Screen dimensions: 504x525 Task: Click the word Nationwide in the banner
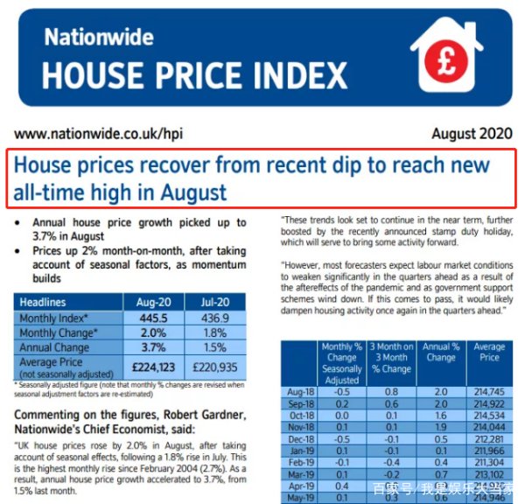(99, 38)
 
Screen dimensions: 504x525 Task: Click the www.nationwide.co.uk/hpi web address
(89, 135)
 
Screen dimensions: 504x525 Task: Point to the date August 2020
(472, 135)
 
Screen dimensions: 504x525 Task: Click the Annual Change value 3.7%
(147, 346)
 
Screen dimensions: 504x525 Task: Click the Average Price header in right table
(489, 353)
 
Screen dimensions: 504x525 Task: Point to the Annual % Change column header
(440, 353)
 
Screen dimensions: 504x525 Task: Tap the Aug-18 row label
(300, 393)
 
